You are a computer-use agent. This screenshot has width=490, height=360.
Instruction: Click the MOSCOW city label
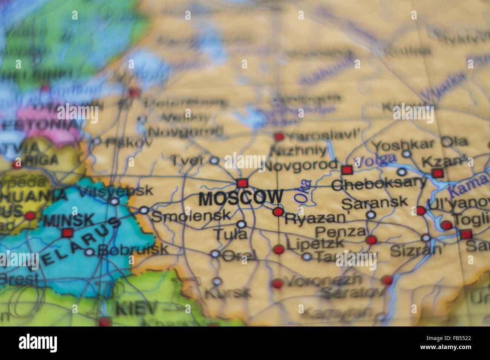[240, 198]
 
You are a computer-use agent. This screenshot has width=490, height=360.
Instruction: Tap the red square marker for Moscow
[242, 183]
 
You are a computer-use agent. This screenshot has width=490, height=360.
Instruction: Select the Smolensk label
[191, 216]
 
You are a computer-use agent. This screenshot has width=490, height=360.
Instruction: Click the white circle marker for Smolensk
[144, 210]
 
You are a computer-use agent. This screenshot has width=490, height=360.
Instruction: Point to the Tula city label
[230, 235]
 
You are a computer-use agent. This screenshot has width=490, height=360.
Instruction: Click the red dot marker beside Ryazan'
[278, 212]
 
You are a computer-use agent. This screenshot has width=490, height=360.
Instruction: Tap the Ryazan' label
[315, 218]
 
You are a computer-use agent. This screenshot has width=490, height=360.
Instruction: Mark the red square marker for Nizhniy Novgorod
[346, 170]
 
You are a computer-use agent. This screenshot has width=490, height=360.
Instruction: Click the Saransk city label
[374, 202]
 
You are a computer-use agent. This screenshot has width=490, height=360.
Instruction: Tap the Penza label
[340, 231]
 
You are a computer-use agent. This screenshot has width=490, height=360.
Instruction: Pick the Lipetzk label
[315, 244]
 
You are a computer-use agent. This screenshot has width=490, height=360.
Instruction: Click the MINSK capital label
[69, 220]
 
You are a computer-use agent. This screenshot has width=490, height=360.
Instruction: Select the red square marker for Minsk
[67, 233]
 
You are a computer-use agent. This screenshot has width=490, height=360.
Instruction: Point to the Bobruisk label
[133, 249]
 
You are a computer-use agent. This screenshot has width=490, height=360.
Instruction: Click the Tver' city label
[187, 160]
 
